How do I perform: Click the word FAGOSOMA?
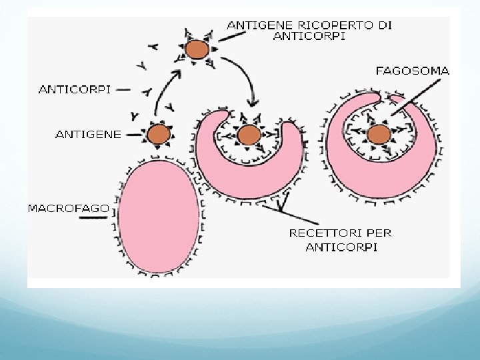(x=413, y=70)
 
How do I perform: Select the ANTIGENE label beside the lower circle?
(x=87, y=134)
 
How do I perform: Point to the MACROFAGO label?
(x=69, y=208)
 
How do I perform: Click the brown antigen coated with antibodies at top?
(x=196, y=49)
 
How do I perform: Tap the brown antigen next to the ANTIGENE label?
(x=159, y=135)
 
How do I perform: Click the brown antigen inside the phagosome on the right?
(x=379, y=134)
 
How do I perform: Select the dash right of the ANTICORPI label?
(x=125, y=88)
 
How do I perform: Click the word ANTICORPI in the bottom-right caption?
(x=341, y=247)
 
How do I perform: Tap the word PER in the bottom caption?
(x=379, y=233)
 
